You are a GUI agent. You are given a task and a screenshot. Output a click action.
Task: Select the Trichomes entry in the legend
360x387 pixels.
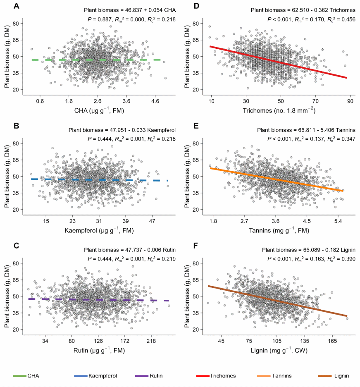(x=223, y=376)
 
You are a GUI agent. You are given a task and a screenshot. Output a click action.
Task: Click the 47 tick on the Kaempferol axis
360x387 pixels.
(x=152, y=220)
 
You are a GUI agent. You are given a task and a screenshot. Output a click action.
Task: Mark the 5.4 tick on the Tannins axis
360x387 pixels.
(x=338, y=220)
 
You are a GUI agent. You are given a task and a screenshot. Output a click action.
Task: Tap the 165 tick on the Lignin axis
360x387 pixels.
(x=332, y=340)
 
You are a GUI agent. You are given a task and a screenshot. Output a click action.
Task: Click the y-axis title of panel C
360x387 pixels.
(x=8, y=296)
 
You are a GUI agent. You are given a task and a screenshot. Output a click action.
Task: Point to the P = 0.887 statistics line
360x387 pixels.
(x=130, y=20)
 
